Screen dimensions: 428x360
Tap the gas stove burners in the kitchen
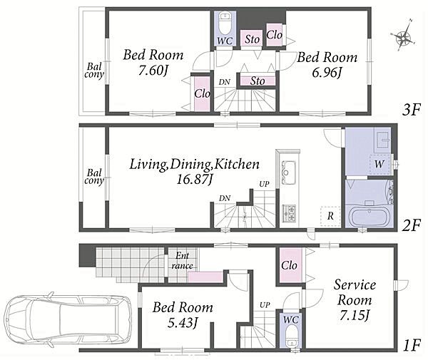(289, 213)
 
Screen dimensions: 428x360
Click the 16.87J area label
(194, 180)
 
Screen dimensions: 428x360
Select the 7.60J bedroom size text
(153, 71)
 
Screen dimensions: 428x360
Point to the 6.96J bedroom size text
(327, 73)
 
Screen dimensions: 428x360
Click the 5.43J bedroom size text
(183, 323)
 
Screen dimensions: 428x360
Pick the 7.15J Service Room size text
(355, 316)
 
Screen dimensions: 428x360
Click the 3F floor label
(409, 110)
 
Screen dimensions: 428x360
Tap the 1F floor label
(411, 346)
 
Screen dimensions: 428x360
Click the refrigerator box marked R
(330, 216)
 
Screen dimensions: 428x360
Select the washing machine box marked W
(379, 164)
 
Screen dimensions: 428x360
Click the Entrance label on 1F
(182, 260)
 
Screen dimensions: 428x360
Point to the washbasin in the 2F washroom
(383, 140)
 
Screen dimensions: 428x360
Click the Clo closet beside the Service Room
(290, 265)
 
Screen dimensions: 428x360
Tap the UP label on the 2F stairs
(264, 184)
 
